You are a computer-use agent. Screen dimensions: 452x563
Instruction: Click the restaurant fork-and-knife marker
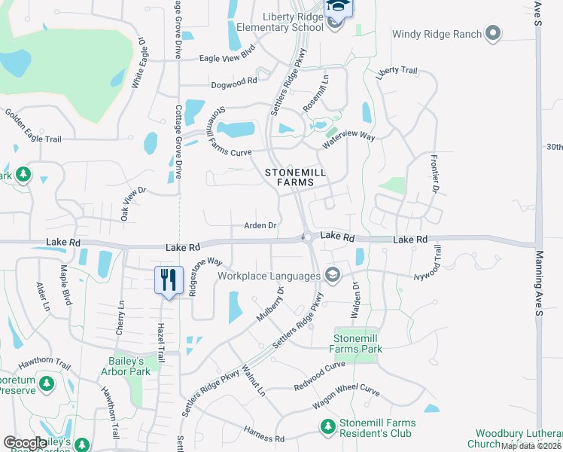(x=169, y=280)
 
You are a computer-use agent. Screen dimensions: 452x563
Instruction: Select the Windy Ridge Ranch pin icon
(x=493, y=33)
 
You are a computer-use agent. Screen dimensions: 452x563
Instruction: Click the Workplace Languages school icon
(x=331, y=275)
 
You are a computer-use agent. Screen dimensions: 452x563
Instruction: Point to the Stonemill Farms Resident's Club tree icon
(x=327, y=428)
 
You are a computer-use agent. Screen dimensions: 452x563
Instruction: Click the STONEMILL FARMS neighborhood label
(x=295, y=177)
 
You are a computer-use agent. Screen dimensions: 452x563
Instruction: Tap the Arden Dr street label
(x=261, y=225)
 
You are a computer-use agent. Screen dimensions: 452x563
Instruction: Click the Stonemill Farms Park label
(x=357, y=344)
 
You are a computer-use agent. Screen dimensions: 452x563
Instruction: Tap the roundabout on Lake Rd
(x=308, y=238)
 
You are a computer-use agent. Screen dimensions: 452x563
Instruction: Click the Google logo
(x=26, y=443)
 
